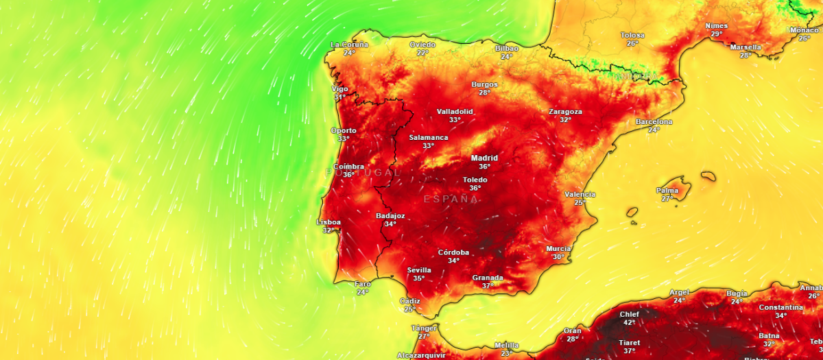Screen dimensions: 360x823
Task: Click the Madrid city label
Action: click(484, 158)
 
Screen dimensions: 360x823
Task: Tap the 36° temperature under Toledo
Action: click(475, 188)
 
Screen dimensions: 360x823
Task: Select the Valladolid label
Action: click(455, 111)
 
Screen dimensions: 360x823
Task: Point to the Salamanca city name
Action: click(428, 137)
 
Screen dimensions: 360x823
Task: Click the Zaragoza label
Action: click(565, 111)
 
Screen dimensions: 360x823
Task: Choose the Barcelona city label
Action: click(654, 121)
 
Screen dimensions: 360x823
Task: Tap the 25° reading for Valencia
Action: click(580, 202)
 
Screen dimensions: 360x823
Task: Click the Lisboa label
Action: click(329, 222)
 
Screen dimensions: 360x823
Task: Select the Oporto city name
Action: click(344, 130)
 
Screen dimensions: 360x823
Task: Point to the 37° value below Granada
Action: click(488, 286)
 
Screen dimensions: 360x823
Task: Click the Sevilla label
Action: click(419, 269)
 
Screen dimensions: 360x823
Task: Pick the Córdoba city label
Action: click(453, 252)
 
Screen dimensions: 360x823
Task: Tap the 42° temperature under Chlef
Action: click(629, 322)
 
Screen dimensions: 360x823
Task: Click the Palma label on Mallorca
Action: click(667, 190)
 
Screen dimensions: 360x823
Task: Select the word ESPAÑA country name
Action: click(451, 199)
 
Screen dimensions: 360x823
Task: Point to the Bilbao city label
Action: click(507, 49)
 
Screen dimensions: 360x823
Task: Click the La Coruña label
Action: click(349, 45)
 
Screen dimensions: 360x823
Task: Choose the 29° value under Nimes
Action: click(717, 34)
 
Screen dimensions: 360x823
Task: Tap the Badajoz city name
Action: click(390, 215)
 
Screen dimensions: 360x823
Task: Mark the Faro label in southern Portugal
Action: click(362, 284)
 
